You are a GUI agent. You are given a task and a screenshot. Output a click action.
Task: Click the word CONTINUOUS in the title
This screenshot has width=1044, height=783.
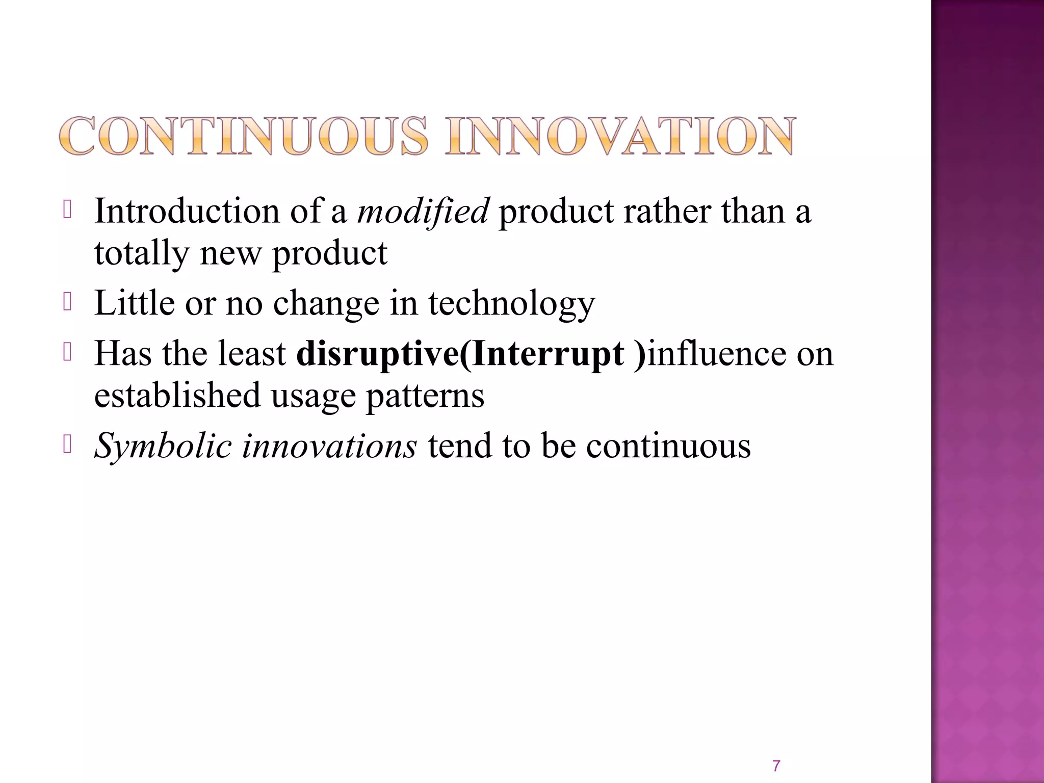244,136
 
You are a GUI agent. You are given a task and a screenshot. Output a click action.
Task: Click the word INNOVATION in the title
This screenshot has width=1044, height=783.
619,136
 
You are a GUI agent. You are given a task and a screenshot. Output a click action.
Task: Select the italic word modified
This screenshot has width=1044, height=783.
423,211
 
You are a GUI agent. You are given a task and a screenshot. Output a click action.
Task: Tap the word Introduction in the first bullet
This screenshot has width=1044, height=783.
187,211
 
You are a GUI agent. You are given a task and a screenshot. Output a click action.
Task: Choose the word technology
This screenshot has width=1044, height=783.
511,303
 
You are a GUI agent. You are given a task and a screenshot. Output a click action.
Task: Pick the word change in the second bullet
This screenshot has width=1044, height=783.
326,303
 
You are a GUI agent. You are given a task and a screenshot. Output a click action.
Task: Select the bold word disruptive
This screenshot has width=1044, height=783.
377,354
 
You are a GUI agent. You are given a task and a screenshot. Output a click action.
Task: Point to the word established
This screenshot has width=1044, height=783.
177,395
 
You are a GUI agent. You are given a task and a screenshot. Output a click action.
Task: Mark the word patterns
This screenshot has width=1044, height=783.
425,395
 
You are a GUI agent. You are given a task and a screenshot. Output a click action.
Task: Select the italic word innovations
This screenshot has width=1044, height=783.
329,446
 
